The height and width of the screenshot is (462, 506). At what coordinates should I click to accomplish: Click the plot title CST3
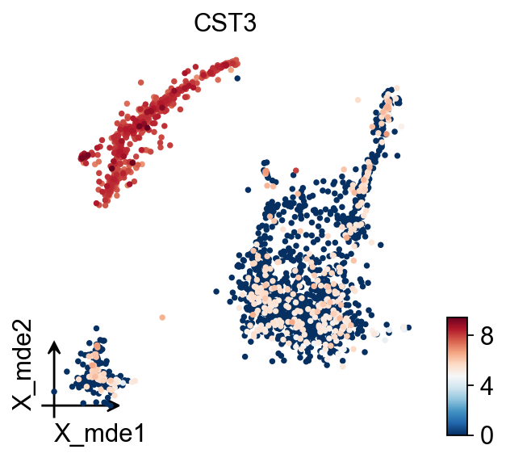pyautogui.click(x=224, y=24)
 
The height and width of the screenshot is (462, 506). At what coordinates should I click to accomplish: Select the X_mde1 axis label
pyautogui.click(x=99, y=433)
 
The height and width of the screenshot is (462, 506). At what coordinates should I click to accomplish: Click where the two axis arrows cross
pyautogui.click(x=54, y=404)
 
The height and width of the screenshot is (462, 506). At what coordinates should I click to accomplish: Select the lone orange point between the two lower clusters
pyautogui.click(x=162, y=317)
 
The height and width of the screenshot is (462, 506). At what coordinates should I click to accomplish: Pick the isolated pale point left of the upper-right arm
pyautogui.click(x=358, y=100)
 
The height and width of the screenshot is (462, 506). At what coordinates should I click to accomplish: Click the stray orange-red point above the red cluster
pyautogui.click(x=141, y=82)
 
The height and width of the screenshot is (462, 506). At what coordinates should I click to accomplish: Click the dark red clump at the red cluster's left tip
pyautogui.click(x=84, y=156)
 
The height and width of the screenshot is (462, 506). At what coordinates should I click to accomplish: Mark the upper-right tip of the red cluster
pyautogui.click(x=236, y=60)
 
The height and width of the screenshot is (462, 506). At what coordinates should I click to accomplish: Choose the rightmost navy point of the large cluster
pyautogui.click(x=408, y=327)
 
